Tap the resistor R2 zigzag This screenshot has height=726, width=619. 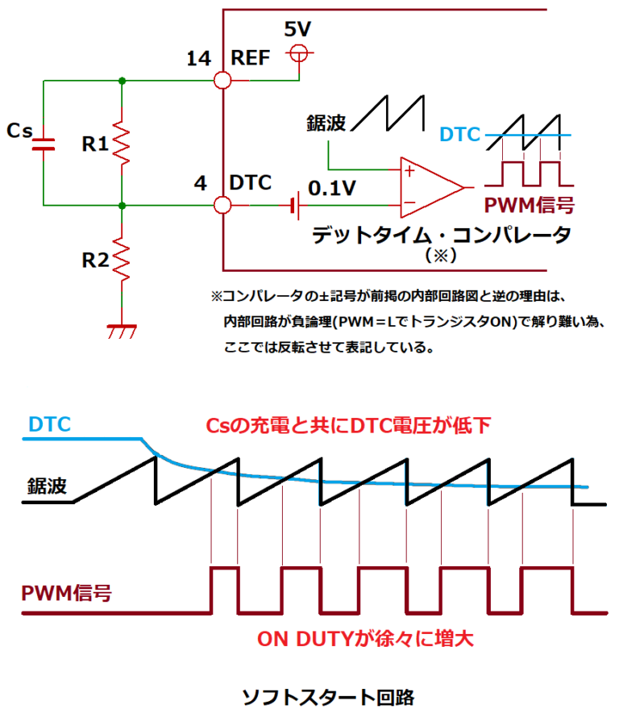pos(121,259)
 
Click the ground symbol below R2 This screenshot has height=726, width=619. pos(121,329)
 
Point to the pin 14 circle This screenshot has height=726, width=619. pos(222,81)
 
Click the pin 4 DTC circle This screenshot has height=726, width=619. pos(222,205)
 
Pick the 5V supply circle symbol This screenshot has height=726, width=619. pos(297,53)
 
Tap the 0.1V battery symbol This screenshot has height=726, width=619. pos(296,206)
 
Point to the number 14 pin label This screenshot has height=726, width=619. pos(198,59)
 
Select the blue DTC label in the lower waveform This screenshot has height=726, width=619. pos(49,423)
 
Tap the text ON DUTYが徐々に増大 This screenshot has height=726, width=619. pos(364,639)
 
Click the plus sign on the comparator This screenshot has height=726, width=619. pos(409,171)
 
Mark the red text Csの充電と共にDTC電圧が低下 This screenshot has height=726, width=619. pos(347,425)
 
